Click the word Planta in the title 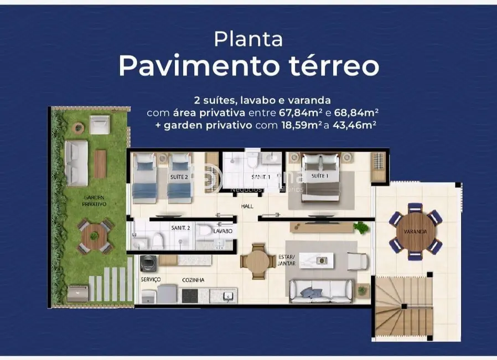point(249,39)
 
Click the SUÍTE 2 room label point(179,177)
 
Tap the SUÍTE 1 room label point(320,176)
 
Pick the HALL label point(247,206)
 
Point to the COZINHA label point(193,280)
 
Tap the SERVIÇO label point(151,280)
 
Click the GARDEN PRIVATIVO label point(95,200)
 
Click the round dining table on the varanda point(415,231)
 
